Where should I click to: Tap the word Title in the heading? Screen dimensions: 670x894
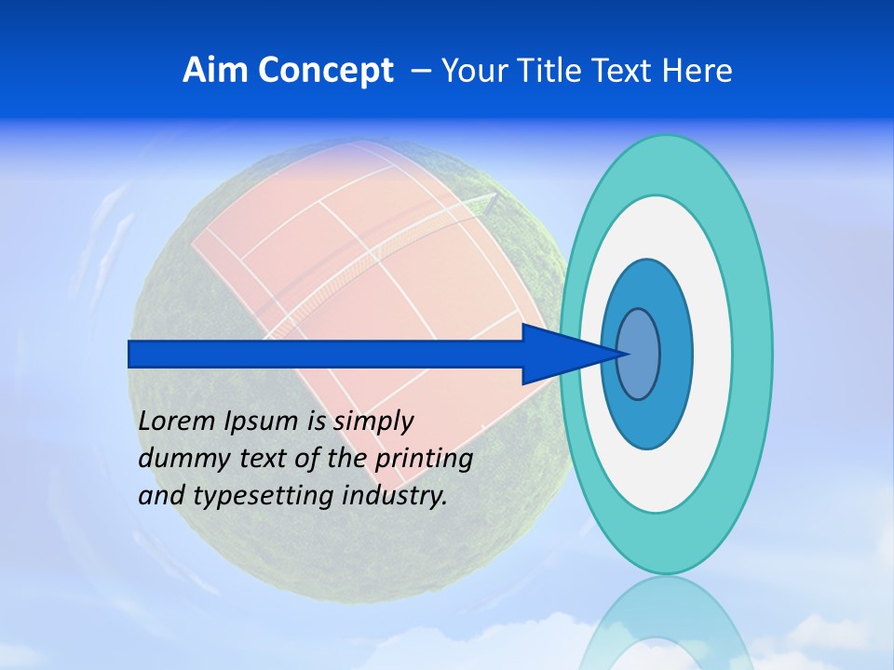pyautogui.click(x=546, y=71)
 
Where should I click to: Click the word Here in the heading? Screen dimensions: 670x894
pyautogui.click(x=698, y=71)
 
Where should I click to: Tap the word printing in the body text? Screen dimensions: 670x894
pyautogui.click(x=423, y=459)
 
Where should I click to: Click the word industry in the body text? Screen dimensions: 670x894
pyautogui.click(x=395, y=496)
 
